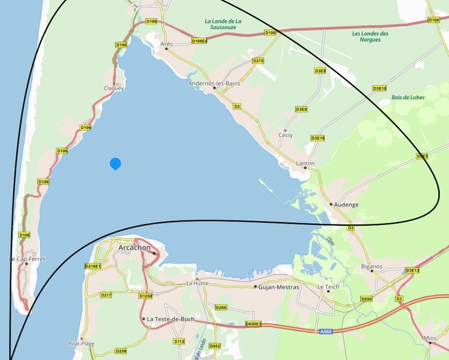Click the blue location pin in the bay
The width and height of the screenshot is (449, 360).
116,164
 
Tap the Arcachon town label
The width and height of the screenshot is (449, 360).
134,248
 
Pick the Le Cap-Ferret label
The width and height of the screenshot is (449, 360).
27,259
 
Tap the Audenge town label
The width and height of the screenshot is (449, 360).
347,205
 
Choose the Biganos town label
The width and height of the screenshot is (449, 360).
372,266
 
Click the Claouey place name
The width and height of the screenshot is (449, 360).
113,88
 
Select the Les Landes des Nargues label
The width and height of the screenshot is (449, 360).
371,36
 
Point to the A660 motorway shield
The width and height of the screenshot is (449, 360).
326,331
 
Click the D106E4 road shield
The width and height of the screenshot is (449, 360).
199,41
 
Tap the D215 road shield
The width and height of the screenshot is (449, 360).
258,61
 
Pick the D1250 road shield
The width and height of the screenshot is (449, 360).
146,296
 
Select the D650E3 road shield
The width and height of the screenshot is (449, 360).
253,323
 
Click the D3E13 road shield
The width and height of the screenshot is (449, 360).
413,271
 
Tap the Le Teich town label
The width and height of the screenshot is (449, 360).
328,287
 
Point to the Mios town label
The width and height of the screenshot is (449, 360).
430,338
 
